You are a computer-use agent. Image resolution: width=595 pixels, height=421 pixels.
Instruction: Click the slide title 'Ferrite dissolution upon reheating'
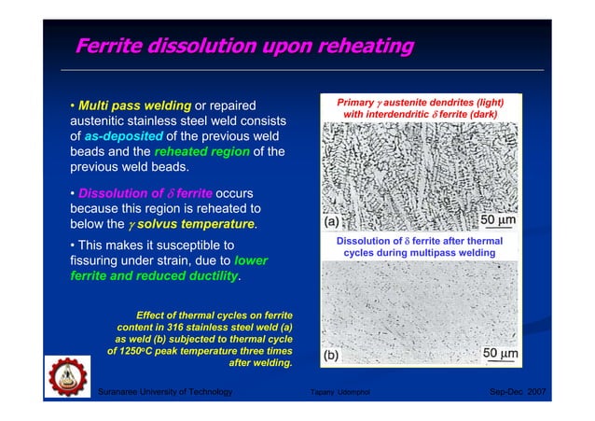244,45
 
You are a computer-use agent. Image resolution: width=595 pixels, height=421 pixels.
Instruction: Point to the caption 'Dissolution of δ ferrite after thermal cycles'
421,246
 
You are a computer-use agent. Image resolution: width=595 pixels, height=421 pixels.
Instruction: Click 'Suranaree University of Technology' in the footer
165,393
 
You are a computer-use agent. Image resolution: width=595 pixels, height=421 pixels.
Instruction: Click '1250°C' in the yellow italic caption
136,352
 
